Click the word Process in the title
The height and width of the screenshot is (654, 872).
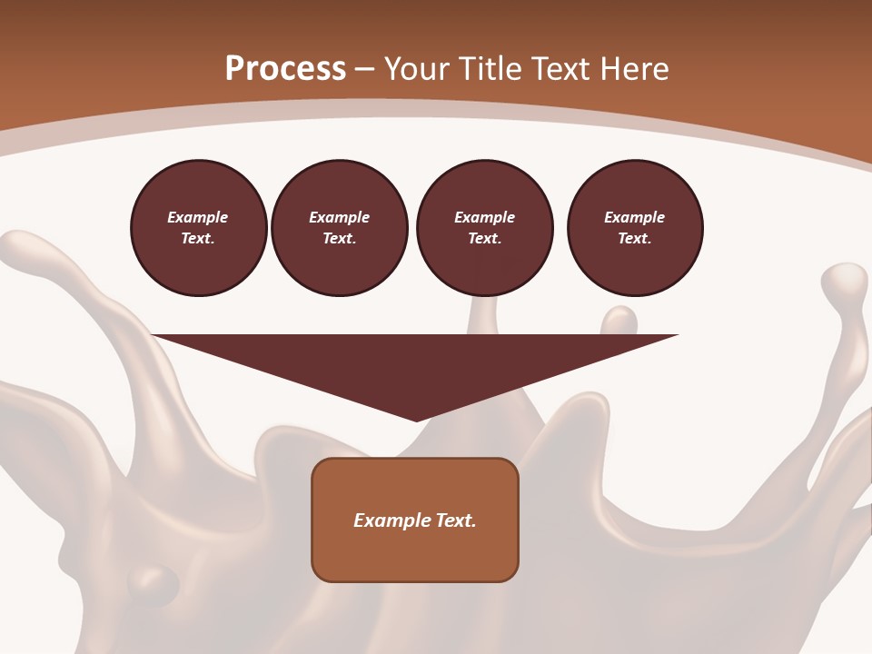tap(285, 69)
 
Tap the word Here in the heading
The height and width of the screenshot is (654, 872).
tap(635, 69)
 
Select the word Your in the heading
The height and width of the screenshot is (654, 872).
tap(416, 69)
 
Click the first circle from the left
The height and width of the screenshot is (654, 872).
tap(198, 228)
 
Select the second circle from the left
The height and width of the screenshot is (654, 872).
tap(340, 228)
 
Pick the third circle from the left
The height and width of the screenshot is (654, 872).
tap(485, 228)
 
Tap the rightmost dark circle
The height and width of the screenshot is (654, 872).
tap(635, 228)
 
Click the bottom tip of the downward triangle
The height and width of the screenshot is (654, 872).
tap(416, 419)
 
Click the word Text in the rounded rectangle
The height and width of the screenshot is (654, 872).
tap(456, 520)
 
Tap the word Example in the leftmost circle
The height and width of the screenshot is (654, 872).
tap(198, 217)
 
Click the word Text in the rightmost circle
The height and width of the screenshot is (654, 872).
tap(634, 239)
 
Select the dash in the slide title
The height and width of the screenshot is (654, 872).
tap(365, 69)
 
